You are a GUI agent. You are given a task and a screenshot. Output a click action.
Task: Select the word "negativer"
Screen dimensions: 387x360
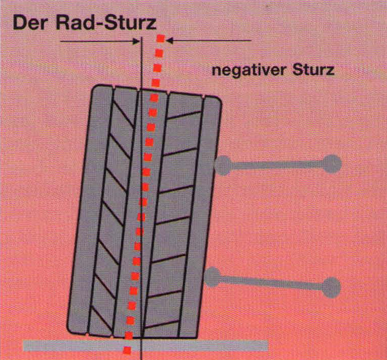[x=249, y=70]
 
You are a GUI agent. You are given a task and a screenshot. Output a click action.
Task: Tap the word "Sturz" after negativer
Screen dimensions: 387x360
[x=313, y=70]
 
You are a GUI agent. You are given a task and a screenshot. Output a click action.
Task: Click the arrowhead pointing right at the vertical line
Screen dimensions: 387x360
[x=136, y=41]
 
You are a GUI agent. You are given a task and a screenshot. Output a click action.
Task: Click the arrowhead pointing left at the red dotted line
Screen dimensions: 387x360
[x=169, y=40]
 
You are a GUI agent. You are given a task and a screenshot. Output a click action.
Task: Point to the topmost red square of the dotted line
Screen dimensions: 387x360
[x=161, y=39]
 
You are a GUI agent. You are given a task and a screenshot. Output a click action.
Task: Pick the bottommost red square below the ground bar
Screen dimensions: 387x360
[x=127, y=350]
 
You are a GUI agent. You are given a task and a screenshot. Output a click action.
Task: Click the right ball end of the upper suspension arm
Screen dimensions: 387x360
[x=332, y=164]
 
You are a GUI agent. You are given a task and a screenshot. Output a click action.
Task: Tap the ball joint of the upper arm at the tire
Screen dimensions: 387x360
[x=223, y=166]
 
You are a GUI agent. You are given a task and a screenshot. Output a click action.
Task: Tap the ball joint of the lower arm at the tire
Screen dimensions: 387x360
[x=213, y=277]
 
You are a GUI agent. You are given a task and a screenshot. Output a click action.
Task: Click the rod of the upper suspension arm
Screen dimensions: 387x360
[x=277, y=165]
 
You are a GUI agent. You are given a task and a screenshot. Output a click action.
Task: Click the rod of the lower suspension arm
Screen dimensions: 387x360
[x=271, y=282]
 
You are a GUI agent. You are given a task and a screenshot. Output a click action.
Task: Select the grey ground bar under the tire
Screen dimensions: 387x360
[x=146, y=345]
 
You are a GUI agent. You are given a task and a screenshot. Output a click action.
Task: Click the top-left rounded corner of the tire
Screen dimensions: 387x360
[x=95, y=88]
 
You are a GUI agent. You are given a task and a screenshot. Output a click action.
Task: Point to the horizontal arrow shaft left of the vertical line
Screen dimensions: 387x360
[x=97, y=42]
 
